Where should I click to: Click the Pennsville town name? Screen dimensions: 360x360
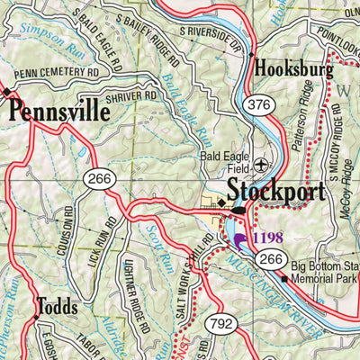tap(59, 112)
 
